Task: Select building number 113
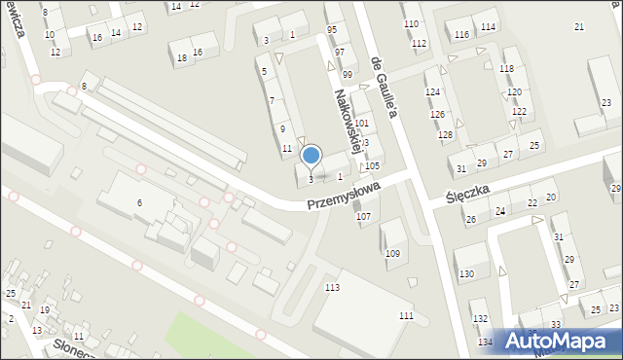(332, 288)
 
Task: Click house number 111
(406, 317)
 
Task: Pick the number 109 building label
(392, 254)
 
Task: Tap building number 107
(363, 216)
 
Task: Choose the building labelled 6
(140, 202)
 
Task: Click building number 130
(467, 275)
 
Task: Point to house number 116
(461, 35)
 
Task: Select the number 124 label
(432, 91)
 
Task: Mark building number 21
(579, 26)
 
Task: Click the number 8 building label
(85, 88)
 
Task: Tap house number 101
(361, 124)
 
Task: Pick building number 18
(182, 58)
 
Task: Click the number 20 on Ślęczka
(551, 198)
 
